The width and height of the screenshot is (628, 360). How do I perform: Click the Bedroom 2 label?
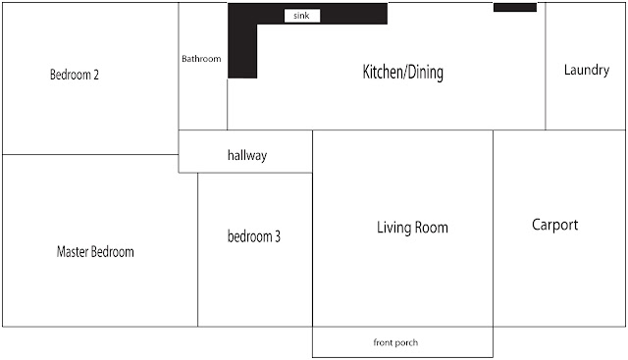[x=75, y=75]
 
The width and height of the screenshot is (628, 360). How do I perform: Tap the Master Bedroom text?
[x=95, y=252]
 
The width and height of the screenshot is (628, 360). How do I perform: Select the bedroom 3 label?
[x=254, y=236]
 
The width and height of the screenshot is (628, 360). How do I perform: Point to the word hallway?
[x=247, y=155]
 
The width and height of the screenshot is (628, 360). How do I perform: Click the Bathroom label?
[x=201, y=59]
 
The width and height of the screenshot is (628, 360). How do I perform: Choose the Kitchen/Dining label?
[x=403, y=72]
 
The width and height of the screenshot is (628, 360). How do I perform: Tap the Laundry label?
[x=587, y=70]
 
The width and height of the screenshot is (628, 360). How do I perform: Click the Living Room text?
[x=412, y=228]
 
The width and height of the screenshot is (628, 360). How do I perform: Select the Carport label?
[x=555, y=225]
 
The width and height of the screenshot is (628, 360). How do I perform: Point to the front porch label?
[x=395, y=342]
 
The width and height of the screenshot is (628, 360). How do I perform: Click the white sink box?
[x=302, y=16]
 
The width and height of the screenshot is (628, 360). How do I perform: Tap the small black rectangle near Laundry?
[x=515, y=7]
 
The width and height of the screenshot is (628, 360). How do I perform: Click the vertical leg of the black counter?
[x=242, y=51]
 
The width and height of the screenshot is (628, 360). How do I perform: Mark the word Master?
[x=72, y=252]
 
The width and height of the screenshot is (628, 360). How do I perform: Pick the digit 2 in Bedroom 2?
[x=96, y=75]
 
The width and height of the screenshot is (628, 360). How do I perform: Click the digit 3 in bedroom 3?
[x=278, y=236]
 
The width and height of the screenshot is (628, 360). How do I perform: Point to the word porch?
[x=407, y=342]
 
